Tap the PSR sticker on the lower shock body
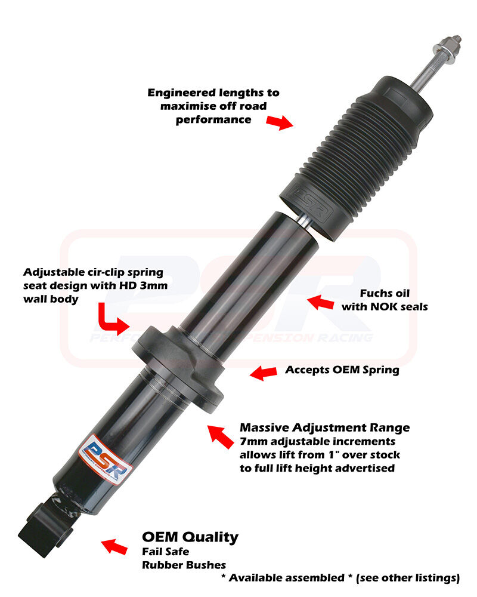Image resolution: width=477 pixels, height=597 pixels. click(106, 458)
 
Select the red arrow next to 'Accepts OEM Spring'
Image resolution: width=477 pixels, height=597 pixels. click(263, 373)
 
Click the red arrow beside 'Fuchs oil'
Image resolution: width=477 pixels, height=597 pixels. click(321, 302)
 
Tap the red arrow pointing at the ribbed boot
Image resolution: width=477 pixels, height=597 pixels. click(280, 122)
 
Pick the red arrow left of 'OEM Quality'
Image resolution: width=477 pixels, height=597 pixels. click(114, 546)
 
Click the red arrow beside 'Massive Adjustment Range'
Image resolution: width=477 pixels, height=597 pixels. click(220, 436)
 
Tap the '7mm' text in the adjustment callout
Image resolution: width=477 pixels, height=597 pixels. click(253, 442)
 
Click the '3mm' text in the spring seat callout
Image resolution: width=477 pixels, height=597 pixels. click(153, 285)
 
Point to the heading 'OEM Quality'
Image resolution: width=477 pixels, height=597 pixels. click(190, 537)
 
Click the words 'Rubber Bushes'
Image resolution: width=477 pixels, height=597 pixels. click(184, 565)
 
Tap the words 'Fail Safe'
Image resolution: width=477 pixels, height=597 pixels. click(166, 551)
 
